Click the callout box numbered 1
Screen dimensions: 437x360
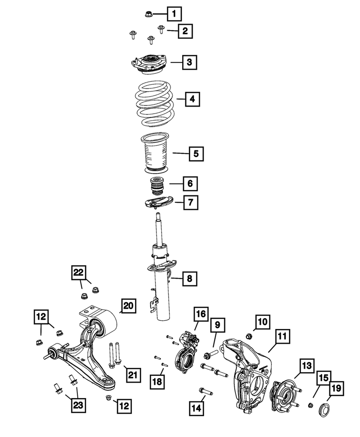tap(175, 15)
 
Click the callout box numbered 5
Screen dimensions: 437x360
tap(196, 153)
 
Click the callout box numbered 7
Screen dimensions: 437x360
tap(190, 202)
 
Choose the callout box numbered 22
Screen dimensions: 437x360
tap(78, 273)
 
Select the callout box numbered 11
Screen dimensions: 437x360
tap(281, 337)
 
